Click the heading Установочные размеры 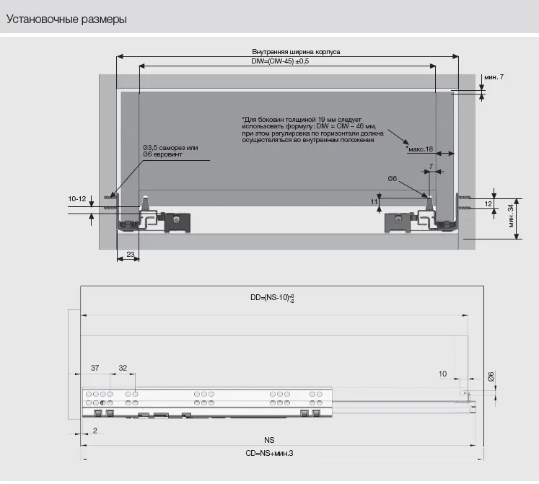(x=66, y=19)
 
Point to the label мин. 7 (x=494, y=76)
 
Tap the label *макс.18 (x=419, y=149)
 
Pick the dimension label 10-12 (x=77, y=198)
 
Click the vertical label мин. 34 (x=510, y=216)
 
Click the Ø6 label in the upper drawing (x=393, y=177)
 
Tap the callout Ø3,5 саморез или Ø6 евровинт (x=170, y=151)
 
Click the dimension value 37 (x=95, y=368)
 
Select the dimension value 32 (x=123, y=368)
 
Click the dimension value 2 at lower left (x=95, y=430)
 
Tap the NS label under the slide (x=269, y=439)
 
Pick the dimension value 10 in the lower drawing (x=442, y=374)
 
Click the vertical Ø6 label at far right (x=491, y=377)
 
